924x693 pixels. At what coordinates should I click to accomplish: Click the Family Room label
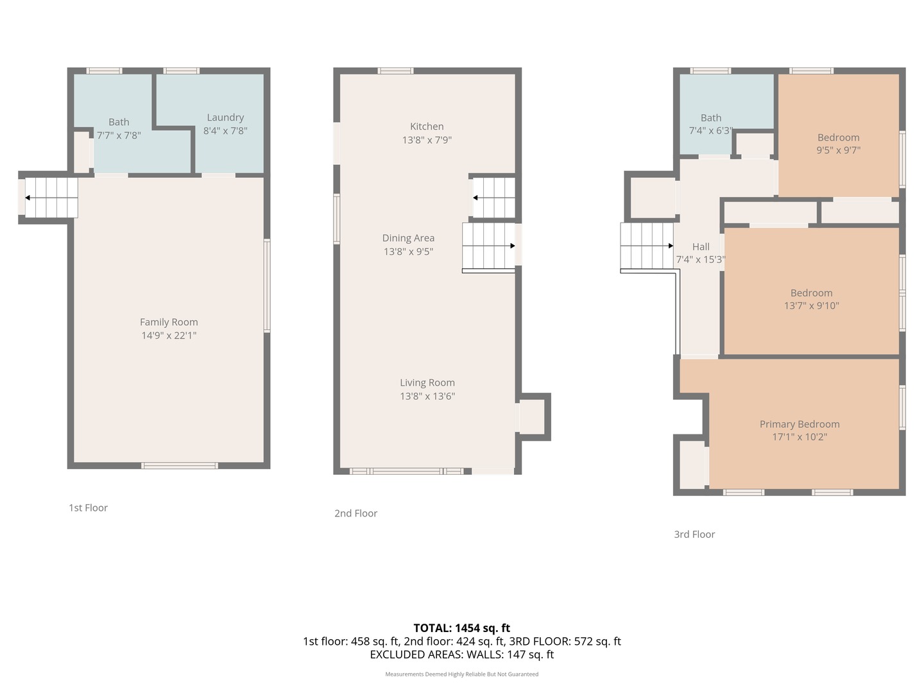click(x=169, y=322)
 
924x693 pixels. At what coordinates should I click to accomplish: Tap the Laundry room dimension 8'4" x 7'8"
click(x=225, y=131)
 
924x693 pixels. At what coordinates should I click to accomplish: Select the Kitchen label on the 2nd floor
click(x=427, y=126)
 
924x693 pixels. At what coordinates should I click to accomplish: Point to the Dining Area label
click(x=408, y=238)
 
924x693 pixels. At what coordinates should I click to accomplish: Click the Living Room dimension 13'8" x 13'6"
click(x=427, y=396)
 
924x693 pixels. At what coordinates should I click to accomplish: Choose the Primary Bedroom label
click(x=800, y=424)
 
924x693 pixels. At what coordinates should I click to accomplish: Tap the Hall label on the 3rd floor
click(x=701, y=246)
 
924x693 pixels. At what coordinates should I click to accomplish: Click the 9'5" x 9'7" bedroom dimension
click(x=838, y=151)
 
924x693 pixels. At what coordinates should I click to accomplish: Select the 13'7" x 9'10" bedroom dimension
click(x=811, y=306)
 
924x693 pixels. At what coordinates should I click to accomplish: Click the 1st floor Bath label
click(x=119, y=122)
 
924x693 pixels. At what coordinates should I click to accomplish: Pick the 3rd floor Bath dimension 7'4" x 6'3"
click(x=710, y=131)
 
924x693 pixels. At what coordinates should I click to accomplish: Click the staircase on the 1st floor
click(x=51, y=198)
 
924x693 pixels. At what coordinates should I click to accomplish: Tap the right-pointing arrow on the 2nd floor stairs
click(x=512, y=246)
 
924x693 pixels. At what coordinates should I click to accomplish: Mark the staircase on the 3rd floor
click(x=647, y=246)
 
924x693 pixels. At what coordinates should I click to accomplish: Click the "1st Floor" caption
click(x=88, y=508)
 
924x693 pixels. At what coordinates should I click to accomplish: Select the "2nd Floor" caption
click(x=355, y=513)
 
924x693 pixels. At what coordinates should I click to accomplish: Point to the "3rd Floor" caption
click(x=694, y=534)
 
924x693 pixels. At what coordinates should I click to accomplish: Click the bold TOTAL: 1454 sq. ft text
click(x=461, y=628)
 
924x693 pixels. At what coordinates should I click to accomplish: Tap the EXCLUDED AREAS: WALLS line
click(x=461, y=654)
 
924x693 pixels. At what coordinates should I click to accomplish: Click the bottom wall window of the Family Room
click(x=180, y=466)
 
